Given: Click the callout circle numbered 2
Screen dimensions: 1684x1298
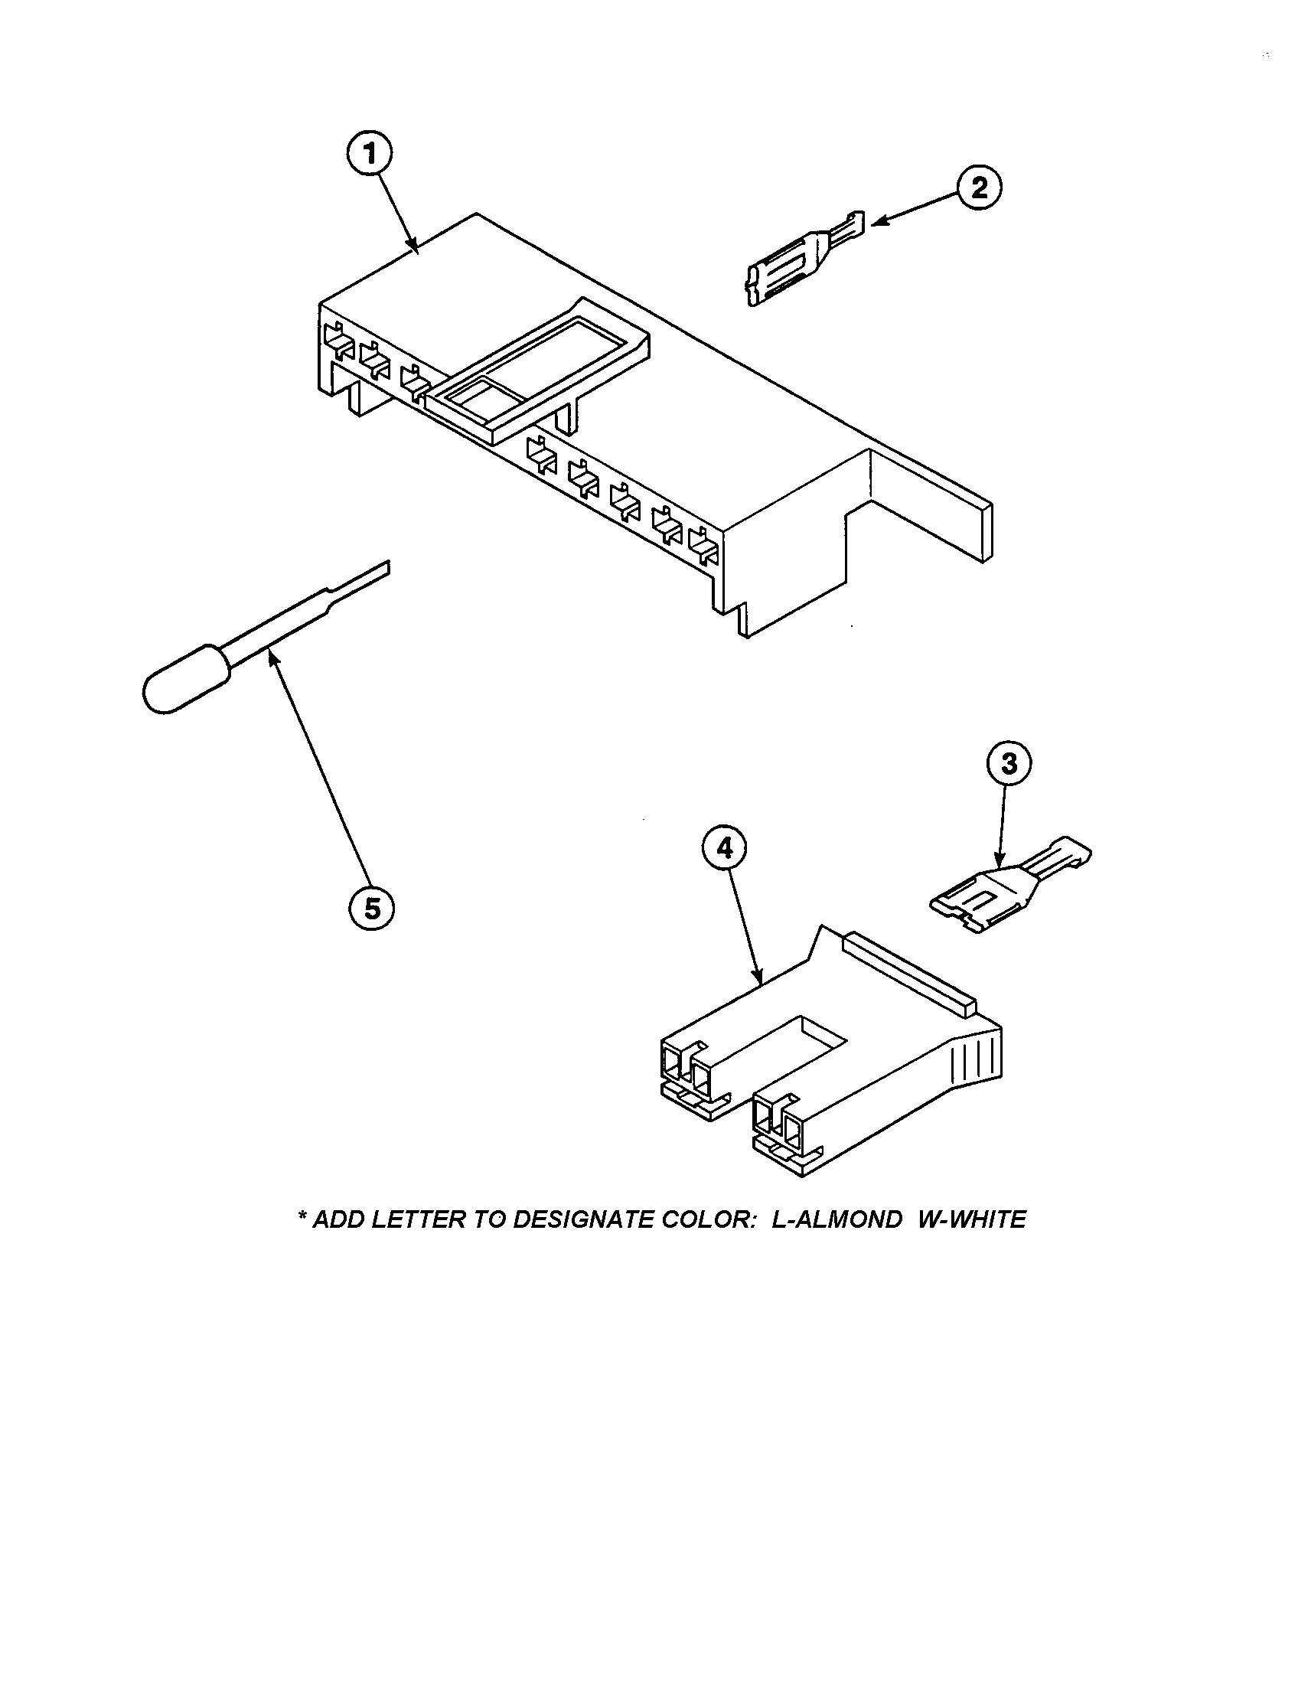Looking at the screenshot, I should (979, 188).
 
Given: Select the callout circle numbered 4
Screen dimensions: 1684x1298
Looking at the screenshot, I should (724, 848).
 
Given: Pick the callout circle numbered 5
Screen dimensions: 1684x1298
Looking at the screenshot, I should (371, 909).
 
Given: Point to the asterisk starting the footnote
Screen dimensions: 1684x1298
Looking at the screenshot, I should (302, 1216).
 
